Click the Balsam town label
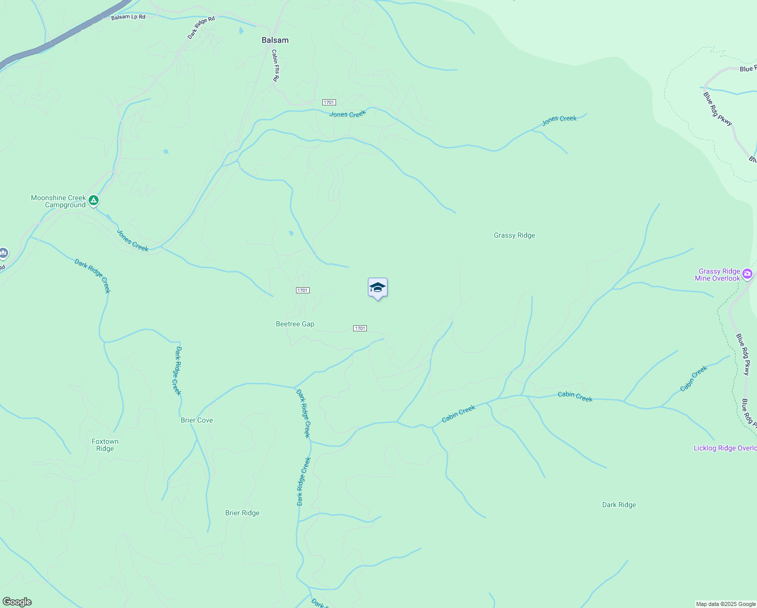tap(275, 40)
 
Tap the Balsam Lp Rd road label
tap(128, 17)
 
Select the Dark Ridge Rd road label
tap(201, 27)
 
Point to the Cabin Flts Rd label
tap(275, 65)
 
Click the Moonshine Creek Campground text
tap(58, 201)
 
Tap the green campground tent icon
tap(93, 200)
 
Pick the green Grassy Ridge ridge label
tap(514, 235)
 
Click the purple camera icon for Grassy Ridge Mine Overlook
tap(747, 274)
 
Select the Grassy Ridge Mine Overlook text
tap(718, 275)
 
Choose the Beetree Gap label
tap(295, 324)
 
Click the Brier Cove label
tap(197, 420)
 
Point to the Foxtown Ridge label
tap(105, 445)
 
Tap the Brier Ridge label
tap(242, 513)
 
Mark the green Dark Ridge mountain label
tap(619, 505)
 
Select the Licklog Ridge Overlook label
tap(725, 448)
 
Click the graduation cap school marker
tap(377, 288)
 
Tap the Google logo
tap(17, 602)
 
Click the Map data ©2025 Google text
tap(726, 604)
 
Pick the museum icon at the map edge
tap(3, 252)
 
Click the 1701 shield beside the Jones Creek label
tap(329, 102)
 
